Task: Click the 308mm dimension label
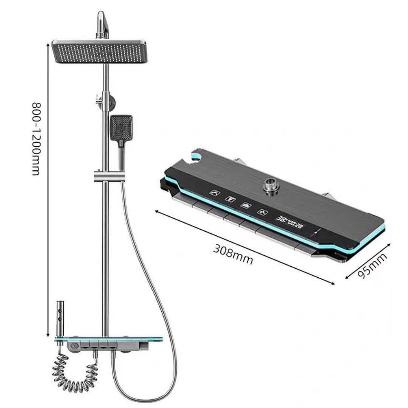[x=233, y=254]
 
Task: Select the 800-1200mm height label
[x=36, y=138]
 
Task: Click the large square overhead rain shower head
[x=100, y=53]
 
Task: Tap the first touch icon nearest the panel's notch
[x=214, y=192]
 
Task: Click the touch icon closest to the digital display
[x=261, y=212]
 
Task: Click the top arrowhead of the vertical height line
[x=48, y=44]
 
